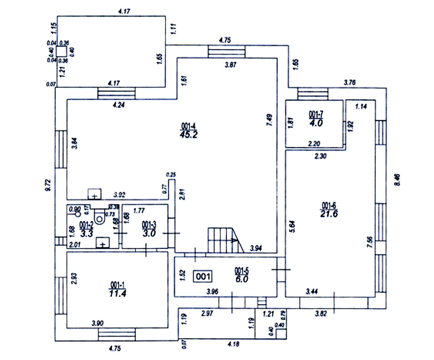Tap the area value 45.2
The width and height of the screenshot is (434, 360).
coord(188,134)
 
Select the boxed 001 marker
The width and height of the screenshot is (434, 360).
coord(203,276)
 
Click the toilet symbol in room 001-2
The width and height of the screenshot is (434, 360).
coord(100,217)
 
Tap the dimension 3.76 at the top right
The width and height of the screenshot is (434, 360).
coord(350,83)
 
